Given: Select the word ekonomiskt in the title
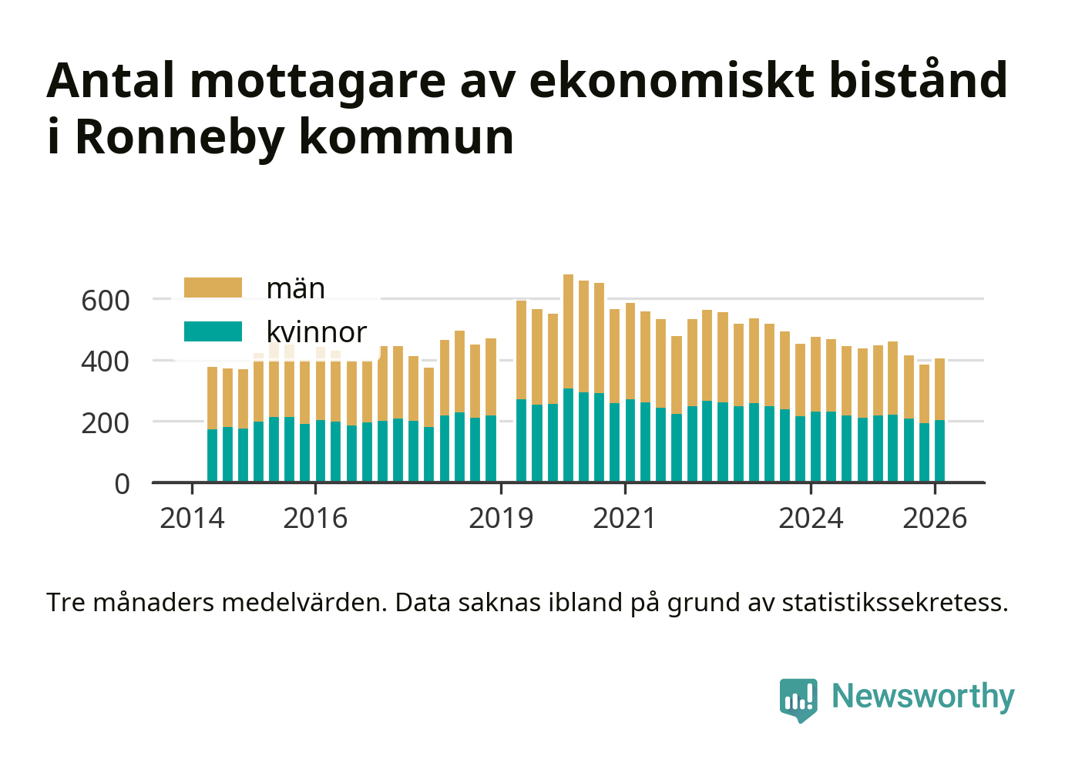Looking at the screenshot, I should (671, 80).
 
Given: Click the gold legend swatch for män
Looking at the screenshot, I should (213, 287).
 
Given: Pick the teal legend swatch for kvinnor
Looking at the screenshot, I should (213, 331).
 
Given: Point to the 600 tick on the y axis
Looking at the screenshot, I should (106, 300).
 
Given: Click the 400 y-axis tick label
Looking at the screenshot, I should (106, 361).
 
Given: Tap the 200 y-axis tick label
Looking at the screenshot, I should (106, 422).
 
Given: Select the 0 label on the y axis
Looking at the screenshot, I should (122, 484).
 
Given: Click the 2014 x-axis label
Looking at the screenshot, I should (192, 519).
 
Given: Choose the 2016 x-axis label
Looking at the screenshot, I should (315, 519).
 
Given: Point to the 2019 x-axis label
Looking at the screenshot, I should (501, 519).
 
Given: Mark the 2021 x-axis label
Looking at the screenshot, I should (624, 519).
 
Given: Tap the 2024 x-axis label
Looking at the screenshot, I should (811, 519).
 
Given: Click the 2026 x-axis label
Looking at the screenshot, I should (935, 519).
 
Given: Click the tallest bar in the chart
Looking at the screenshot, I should (568, 378).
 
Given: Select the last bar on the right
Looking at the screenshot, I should (939, 420).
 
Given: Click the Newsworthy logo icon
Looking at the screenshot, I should (798, 699).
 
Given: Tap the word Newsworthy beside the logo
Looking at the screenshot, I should (922, 696).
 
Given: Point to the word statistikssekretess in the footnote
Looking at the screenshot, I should (895, 602).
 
